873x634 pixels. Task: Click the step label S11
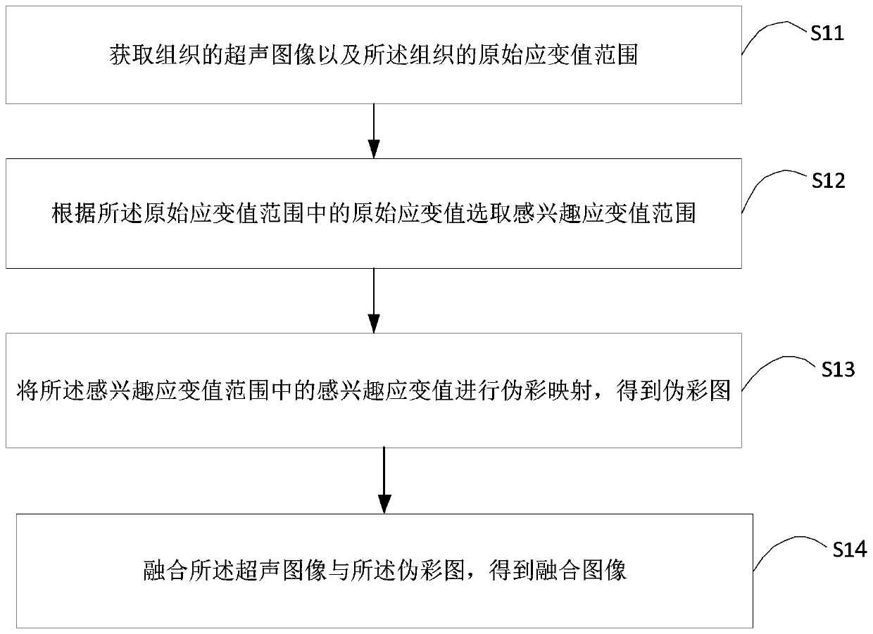827,34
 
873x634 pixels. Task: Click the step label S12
829,181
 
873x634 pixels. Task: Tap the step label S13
838,369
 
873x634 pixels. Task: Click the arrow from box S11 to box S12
374,130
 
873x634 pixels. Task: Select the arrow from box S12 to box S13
374,300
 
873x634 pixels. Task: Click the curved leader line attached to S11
774,35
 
